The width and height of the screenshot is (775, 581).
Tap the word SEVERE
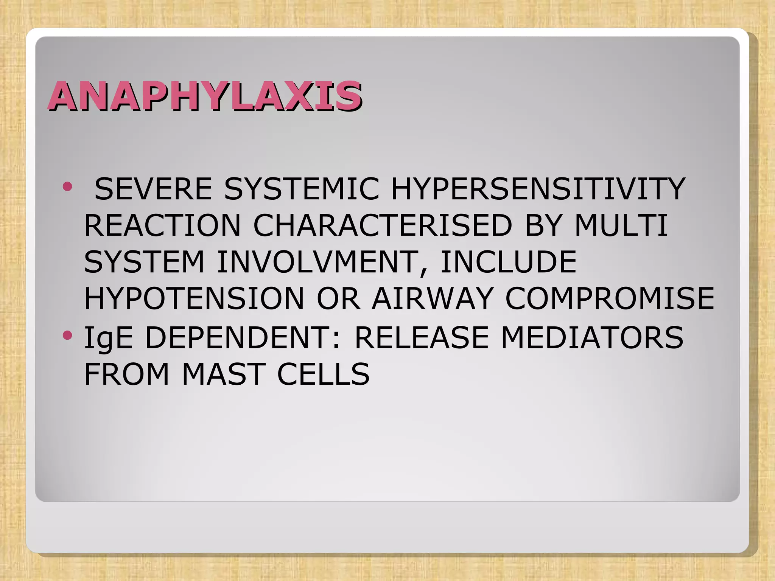pyautogui.click(x=153, y=189)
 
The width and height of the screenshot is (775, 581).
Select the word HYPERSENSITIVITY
pyautogui.click(x=538, y=189)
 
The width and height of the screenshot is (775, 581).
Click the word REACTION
pyautogui.click(x=162, y=226)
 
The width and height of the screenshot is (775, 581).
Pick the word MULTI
pyautogui.click(x=621, y=226)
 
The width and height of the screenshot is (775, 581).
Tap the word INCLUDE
pyautogui.click(x=508, y=262)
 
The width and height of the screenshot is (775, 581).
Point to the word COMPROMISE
pyautogui.click(x=609, y=299)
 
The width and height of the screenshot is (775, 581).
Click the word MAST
pyautogui.click(x=223, y=374)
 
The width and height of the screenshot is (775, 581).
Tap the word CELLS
pyautogui.click(x=323, y=374)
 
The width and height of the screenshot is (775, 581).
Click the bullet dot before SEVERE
pyautogui.click(x=67, y=186)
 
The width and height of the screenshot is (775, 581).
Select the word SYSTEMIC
pyautogui.click(x=301, y=189)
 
